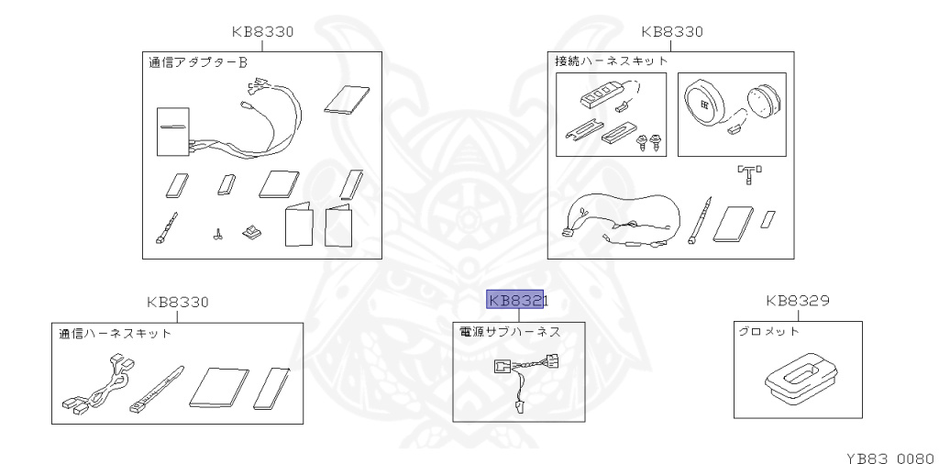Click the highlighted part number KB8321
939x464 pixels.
tap(516, 300)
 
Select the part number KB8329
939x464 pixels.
tap(798, 301)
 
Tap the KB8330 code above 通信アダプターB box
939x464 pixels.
tap(262, 31)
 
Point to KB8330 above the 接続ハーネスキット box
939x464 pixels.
tap(672, 31)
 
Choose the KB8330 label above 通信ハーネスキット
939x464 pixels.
tap(178, 302)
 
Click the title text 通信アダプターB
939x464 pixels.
tap(199, 63)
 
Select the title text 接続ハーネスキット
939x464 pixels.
tap(612, 61)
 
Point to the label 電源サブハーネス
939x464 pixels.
tap(510, 332)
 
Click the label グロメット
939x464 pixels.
tap(768, 332)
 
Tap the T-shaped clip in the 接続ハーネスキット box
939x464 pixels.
tap(750, 172)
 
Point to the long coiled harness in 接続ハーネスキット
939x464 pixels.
tap(624, 220)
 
